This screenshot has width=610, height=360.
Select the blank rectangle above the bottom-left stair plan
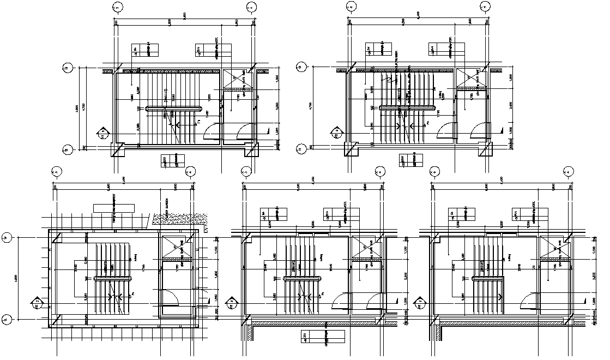pyautogui.click(x=114, y=208)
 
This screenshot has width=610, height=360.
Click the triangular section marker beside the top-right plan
pyautogui.click(x=333, y=132)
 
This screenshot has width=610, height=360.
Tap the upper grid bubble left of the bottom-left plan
pyautogui.click(x=7, y=237)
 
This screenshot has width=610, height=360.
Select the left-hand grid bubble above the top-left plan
pyautogui.click(x=116, y=7)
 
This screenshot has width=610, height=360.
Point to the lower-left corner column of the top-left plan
pyautogui.click(x=117, y=148)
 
